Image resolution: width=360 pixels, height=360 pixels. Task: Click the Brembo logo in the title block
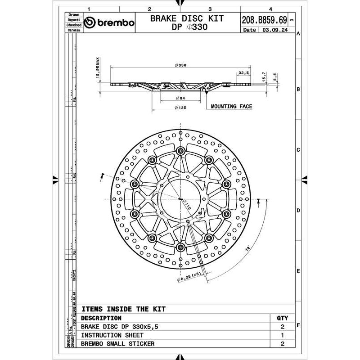coord(109,23)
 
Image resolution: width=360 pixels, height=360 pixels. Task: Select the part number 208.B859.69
coord(264,20)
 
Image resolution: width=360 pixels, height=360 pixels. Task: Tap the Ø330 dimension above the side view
coord(180,65)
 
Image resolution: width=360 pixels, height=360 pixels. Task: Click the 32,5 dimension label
coord(244,72)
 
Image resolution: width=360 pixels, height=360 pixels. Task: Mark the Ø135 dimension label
coord(180,108)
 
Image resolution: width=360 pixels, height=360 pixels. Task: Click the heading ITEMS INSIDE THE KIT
coord(123,309)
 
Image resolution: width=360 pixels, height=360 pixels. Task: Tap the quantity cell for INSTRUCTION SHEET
coord(283,335)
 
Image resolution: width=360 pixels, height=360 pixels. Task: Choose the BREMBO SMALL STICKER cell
coord(117,344)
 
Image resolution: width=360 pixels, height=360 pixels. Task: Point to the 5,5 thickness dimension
coord(275,76)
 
